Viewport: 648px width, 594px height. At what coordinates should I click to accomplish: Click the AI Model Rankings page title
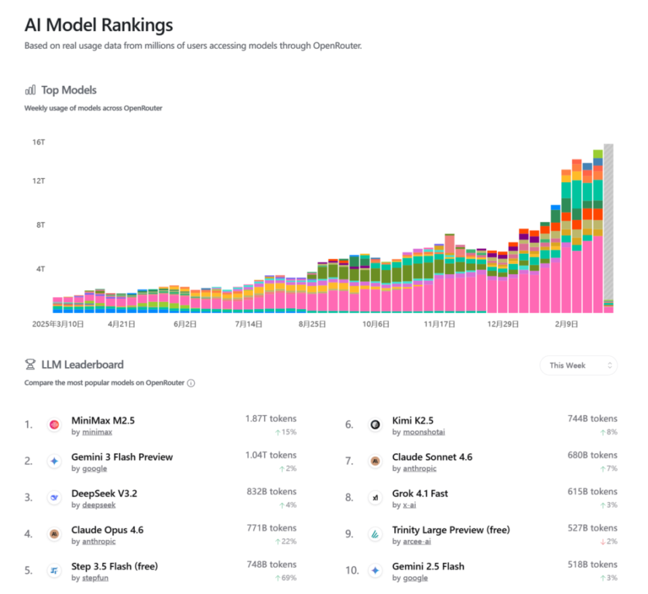[99, 26]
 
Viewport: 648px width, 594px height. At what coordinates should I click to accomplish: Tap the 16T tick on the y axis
[38, 142]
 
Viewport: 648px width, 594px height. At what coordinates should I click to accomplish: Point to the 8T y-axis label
[40, 225]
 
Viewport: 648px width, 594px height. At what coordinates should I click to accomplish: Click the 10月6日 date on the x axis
[376, 324]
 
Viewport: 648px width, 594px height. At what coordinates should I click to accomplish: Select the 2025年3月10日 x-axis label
[58, 324]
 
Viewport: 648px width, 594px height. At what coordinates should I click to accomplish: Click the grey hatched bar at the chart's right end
[608, 223]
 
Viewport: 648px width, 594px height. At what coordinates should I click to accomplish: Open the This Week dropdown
[578, 365]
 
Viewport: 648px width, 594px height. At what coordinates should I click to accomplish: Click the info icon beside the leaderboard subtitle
[191, 383]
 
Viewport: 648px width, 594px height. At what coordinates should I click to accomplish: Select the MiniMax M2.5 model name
[103, 421]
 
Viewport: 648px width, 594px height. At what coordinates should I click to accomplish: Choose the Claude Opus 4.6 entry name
[107, 530]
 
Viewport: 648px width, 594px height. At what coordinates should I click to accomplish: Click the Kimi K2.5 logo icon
[375, 425]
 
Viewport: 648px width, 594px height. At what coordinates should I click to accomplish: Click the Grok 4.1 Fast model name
[420, 493]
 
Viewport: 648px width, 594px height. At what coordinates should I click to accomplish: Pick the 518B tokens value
[592, 564]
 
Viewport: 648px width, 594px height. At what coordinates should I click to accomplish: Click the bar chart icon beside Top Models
[30, 90]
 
